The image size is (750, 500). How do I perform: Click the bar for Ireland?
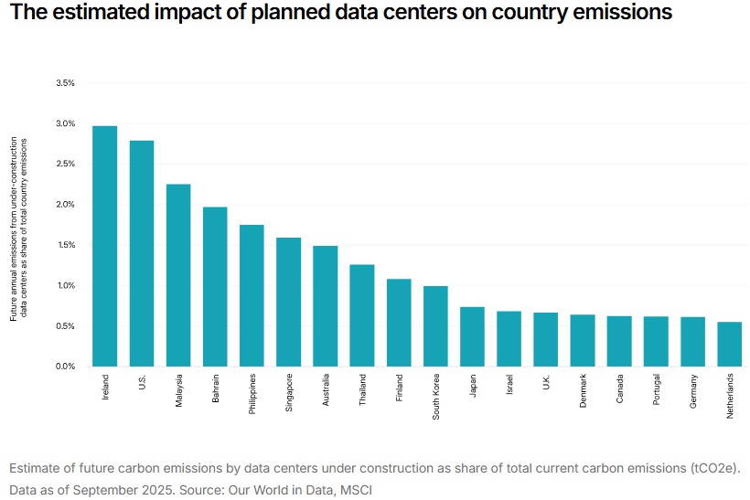[x=104, y=246]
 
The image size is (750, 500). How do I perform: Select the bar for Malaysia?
[x=178, y=275]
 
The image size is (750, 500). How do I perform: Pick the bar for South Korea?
[x=435, y=326]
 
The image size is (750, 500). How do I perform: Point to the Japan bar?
[x=472, y=336]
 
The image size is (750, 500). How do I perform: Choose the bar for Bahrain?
[x=215, y=287]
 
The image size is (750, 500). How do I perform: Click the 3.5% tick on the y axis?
[x=65, y=83]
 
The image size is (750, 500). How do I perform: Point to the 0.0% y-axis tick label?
[x=65, y=367]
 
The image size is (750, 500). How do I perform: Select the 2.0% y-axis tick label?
[x=65, y=205]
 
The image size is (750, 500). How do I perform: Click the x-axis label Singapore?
[x=289, y=394]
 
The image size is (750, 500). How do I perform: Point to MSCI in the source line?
[x=356, y=490]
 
